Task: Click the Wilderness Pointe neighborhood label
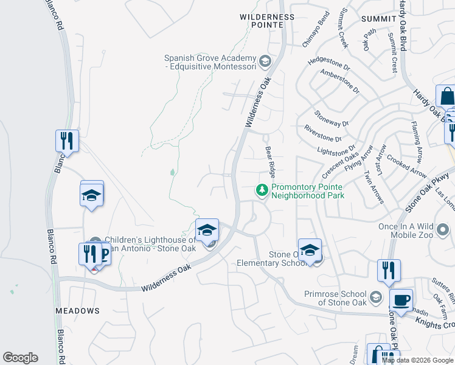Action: coord(267,21)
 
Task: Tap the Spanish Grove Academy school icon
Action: coord(265,60)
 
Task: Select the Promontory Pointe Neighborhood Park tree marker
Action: coord(262,191)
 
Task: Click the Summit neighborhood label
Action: coord(378,19)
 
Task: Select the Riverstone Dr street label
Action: coord(323,134)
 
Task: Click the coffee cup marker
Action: coord(401,300)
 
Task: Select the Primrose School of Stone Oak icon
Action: coord(376,297)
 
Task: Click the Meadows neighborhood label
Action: coord(77,311)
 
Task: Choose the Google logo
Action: coord(20,358)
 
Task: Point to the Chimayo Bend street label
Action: coord(316,36)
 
